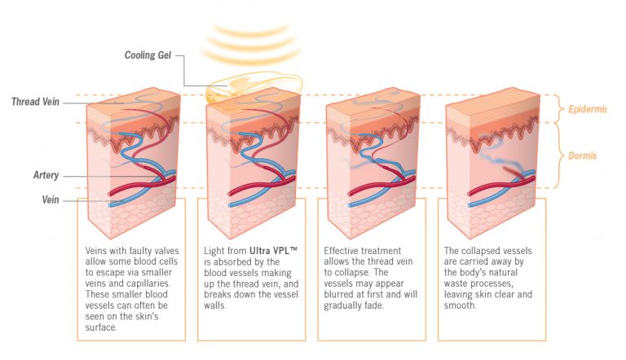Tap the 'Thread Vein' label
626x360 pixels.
[36, 102]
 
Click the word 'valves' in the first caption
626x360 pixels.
[161, 249]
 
